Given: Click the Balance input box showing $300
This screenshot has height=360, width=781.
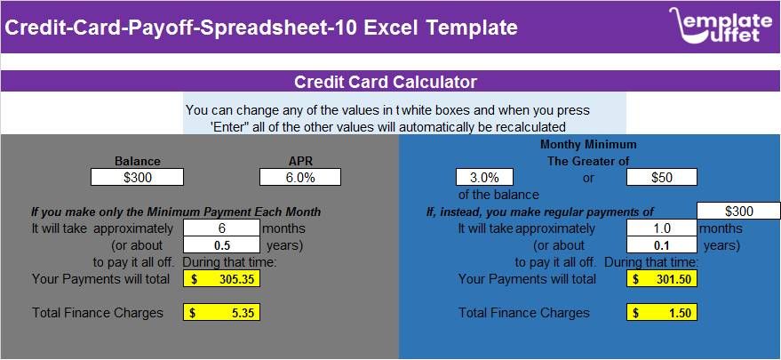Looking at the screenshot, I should pos(137,177).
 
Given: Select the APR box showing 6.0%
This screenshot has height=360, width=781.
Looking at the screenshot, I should pos(300,177).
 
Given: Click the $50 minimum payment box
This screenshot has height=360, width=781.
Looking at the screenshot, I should pos(661,177).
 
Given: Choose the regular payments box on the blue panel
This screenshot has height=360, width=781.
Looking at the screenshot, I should pos(738,211).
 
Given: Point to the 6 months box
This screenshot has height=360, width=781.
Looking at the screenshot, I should pos(221,228).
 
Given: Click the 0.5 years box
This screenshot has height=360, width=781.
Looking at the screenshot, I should pos(221,245).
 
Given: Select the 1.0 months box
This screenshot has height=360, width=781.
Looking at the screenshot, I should pos(661,228).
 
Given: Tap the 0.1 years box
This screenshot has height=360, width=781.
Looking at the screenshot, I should pos(661,245).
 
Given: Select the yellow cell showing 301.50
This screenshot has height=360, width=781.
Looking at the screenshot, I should pos(661,279).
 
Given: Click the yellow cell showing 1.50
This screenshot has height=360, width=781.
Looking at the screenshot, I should pos(661,313).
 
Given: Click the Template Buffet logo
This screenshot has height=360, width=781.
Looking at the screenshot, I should pos(720,26).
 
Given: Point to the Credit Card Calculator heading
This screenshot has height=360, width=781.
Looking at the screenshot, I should pos(386,83).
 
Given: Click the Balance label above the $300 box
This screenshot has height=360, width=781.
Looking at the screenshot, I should pos(138,161).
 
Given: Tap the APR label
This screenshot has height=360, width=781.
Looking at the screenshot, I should pos(299,161).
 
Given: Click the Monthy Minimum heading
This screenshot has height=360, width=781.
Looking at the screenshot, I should pos(588,144).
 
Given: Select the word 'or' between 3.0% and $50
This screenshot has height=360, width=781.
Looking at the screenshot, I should pos(588,178).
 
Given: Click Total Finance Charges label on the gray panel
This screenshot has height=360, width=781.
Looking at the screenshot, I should pos(98,313).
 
